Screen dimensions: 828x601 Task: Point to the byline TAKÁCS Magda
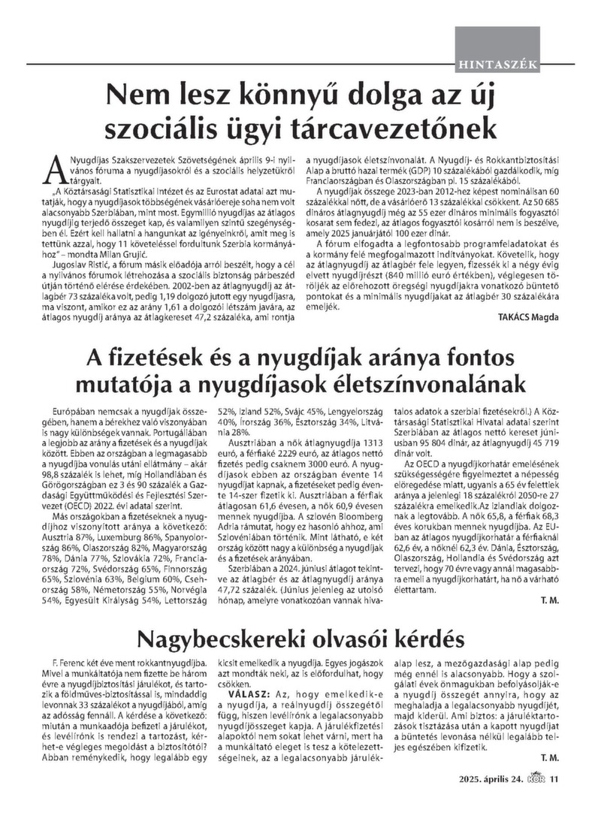(x=528, y=316)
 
